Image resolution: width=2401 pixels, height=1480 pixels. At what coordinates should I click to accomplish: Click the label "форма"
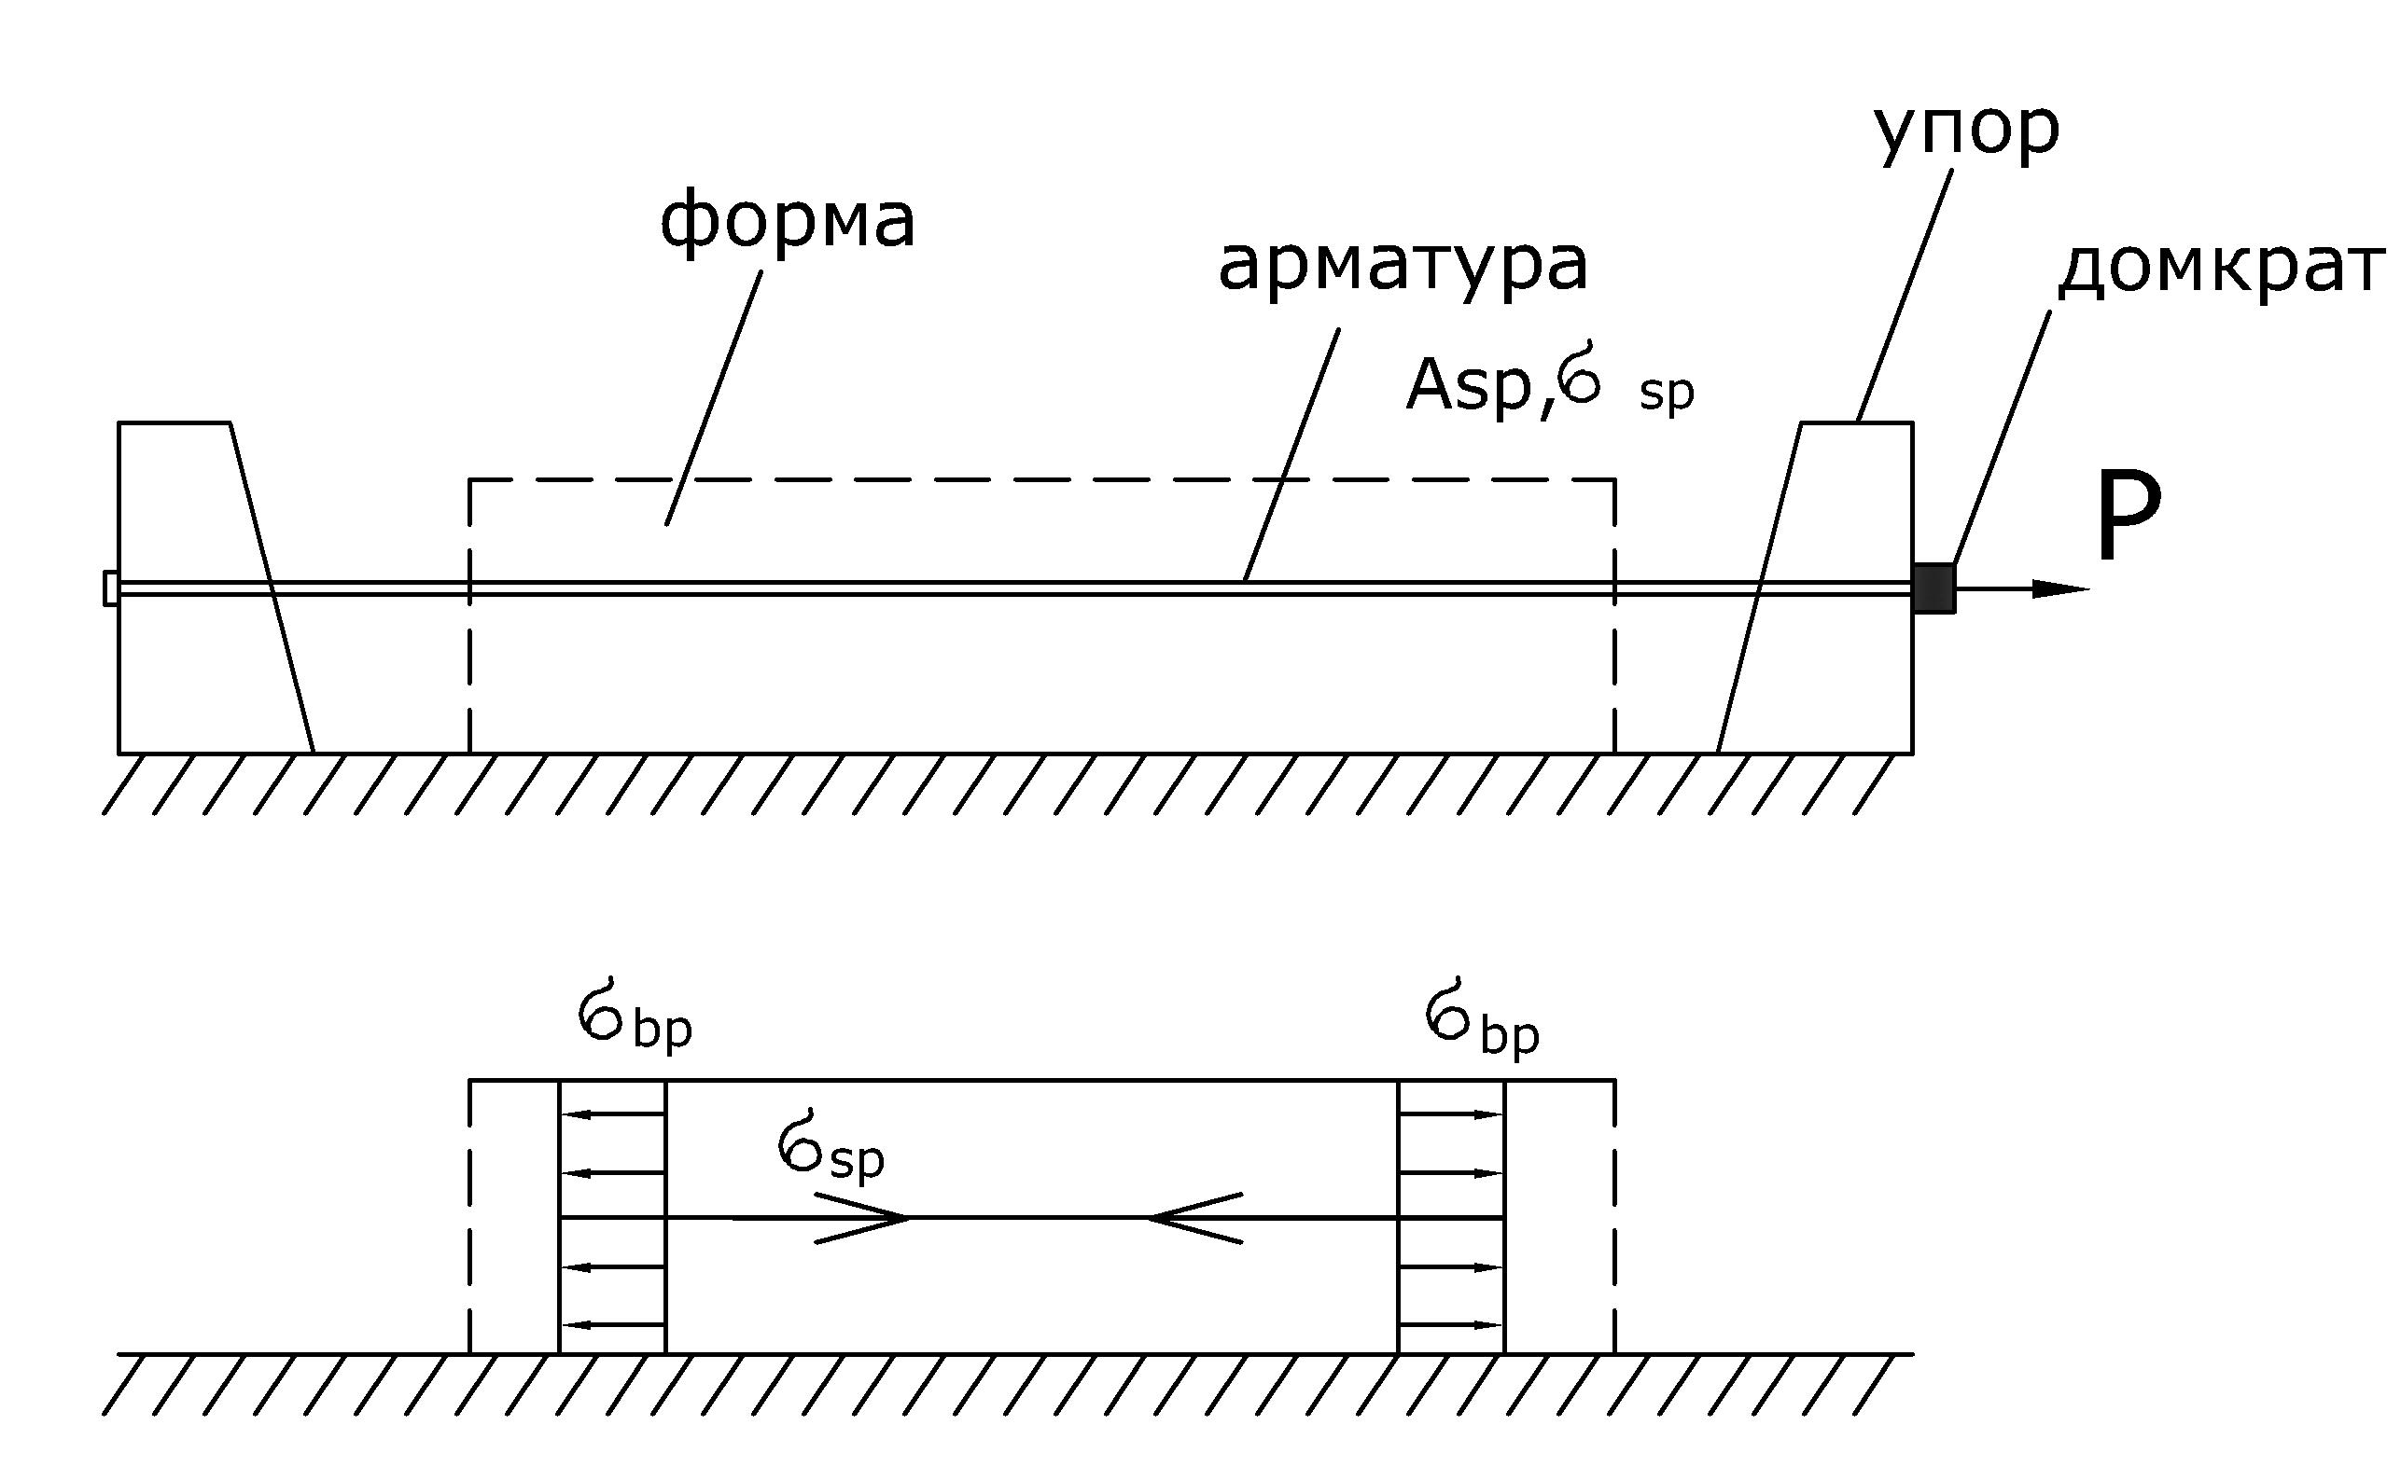[788, 222]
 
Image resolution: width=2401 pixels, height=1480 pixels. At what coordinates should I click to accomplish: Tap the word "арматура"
[1403, 266]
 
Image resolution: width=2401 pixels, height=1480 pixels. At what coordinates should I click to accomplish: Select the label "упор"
[1967, 131]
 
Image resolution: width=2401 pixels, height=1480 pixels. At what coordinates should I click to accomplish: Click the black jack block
[1933, 588]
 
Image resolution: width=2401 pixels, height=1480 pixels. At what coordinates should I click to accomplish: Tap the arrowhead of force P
[2061, 588]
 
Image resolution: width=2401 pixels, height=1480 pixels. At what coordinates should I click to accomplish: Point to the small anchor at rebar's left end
[111, 588]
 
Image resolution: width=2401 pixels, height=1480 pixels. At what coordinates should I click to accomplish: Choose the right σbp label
[1482, 1018]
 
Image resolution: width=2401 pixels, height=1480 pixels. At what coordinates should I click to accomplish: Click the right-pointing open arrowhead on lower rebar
[861, 1219]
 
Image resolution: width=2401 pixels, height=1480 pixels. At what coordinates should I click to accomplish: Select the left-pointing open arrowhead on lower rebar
[1194, 1219]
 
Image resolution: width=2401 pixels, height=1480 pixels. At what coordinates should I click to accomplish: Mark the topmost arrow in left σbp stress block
[613, 1113]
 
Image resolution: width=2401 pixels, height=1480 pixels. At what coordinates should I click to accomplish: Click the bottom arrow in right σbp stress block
[1451, 1325]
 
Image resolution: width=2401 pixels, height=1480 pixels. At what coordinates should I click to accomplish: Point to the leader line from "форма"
[714, 397]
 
